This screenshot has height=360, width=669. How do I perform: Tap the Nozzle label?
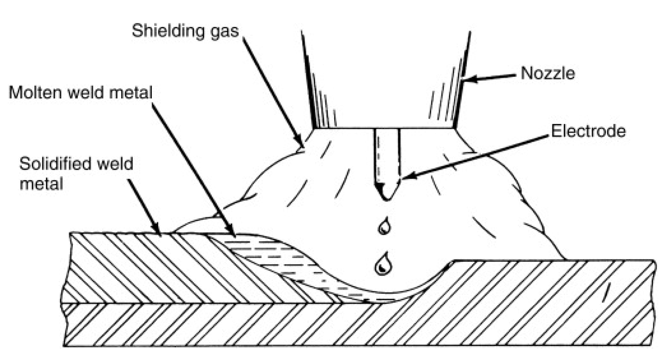[x=547, y=74]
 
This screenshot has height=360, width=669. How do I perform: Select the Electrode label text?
[x=588, y=131]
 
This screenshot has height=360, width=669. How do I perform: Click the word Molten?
[x=33, y=93]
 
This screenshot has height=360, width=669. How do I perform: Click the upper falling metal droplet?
[x=384, y=227]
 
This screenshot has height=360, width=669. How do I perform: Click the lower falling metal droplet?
[x=383, y=264]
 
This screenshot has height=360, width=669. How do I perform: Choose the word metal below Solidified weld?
[x=41, y=184]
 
